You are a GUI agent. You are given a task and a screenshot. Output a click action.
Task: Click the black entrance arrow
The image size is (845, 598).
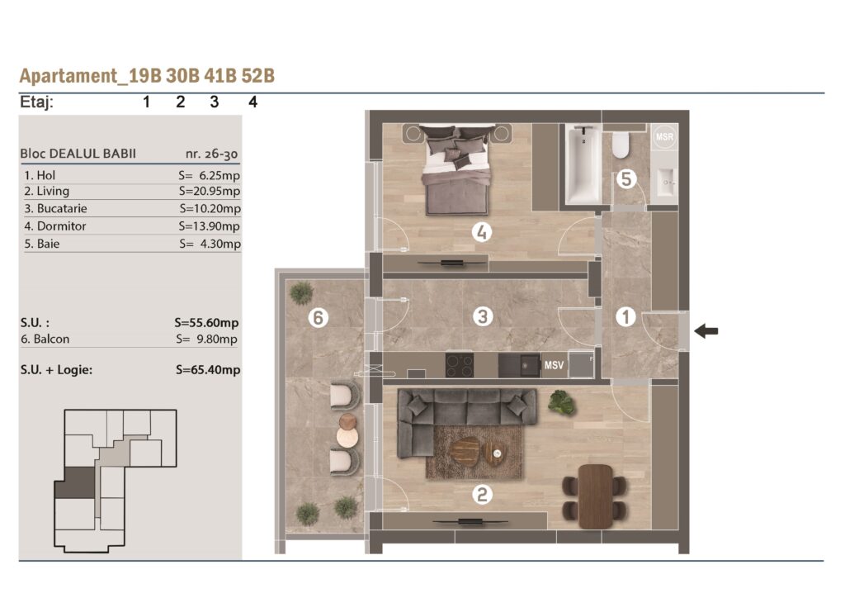(x=706, y=330)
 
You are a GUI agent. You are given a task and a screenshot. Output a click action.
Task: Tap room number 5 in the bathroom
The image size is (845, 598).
(x=625, y=178)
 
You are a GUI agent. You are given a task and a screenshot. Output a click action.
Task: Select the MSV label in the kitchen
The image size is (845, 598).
(x=554, y=365)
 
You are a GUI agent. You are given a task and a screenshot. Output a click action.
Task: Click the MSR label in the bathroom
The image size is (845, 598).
(x=664, y=136)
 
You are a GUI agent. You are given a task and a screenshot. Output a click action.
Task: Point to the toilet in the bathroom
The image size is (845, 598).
(x=621, y=143)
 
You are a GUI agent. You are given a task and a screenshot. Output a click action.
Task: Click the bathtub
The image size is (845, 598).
(x=583, y=164)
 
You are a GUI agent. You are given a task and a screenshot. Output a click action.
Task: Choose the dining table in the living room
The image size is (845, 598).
(x=595, y=496)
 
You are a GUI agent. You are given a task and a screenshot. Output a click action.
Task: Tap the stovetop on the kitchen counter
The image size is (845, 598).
(x=459, y=365)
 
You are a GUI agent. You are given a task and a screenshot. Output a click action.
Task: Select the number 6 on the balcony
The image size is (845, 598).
(x=318, y=317)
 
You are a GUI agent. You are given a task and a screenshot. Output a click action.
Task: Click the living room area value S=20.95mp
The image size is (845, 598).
(x=210, y=191)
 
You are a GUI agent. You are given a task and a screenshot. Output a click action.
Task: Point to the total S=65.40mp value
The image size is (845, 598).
(x=208, y=370)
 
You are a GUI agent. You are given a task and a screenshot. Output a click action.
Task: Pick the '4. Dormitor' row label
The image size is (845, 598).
(x=55, y=226)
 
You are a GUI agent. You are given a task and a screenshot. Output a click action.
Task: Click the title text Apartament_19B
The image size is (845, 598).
(x=91, y=75)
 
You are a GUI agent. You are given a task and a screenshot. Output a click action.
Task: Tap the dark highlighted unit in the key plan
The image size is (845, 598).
(x=76, y=482)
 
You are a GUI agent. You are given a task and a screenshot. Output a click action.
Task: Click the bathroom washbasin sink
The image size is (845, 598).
(x=664, y=182)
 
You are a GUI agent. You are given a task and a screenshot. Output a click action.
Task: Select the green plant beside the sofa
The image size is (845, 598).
(x=561, y=402)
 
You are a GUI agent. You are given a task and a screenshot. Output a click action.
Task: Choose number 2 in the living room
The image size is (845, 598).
(x=482, y=495)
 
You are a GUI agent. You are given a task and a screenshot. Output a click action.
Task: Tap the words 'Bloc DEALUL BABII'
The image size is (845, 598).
(x=78, y=154)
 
